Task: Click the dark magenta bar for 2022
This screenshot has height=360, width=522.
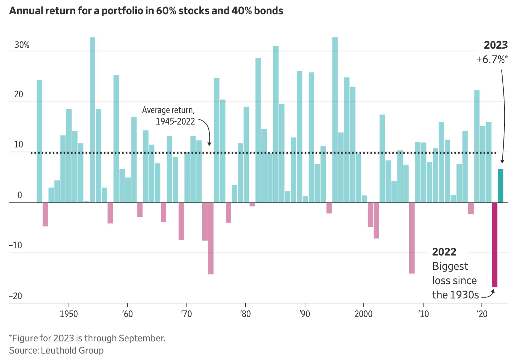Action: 494,245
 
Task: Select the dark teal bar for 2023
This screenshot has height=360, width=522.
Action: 501,186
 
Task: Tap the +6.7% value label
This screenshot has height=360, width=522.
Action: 492,59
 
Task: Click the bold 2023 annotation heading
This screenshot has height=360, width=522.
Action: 496,45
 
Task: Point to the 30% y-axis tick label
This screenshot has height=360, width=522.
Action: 22,45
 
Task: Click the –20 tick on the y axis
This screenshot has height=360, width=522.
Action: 15,296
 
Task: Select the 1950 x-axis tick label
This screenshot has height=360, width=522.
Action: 69,314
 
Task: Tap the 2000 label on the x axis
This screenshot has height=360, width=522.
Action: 364,314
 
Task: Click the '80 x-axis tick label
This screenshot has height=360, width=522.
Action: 246,314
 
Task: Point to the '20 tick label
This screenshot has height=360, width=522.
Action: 482,314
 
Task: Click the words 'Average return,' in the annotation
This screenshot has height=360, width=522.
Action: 168,110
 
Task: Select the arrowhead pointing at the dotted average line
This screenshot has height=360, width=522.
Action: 209,143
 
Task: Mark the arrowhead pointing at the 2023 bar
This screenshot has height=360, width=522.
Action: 502,161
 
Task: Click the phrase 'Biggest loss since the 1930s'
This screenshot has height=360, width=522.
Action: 455,281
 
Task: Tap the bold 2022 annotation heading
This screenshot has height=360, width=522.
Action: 444,252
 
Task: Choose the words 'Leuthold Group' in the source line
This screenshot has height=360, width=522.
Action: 72,350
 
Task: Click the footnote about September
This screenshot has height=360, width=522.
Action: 87,338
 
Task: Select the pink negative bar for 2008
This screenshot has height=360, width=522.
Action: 412,238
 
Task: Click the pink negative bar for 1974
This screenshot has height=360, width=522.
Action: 211,238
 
